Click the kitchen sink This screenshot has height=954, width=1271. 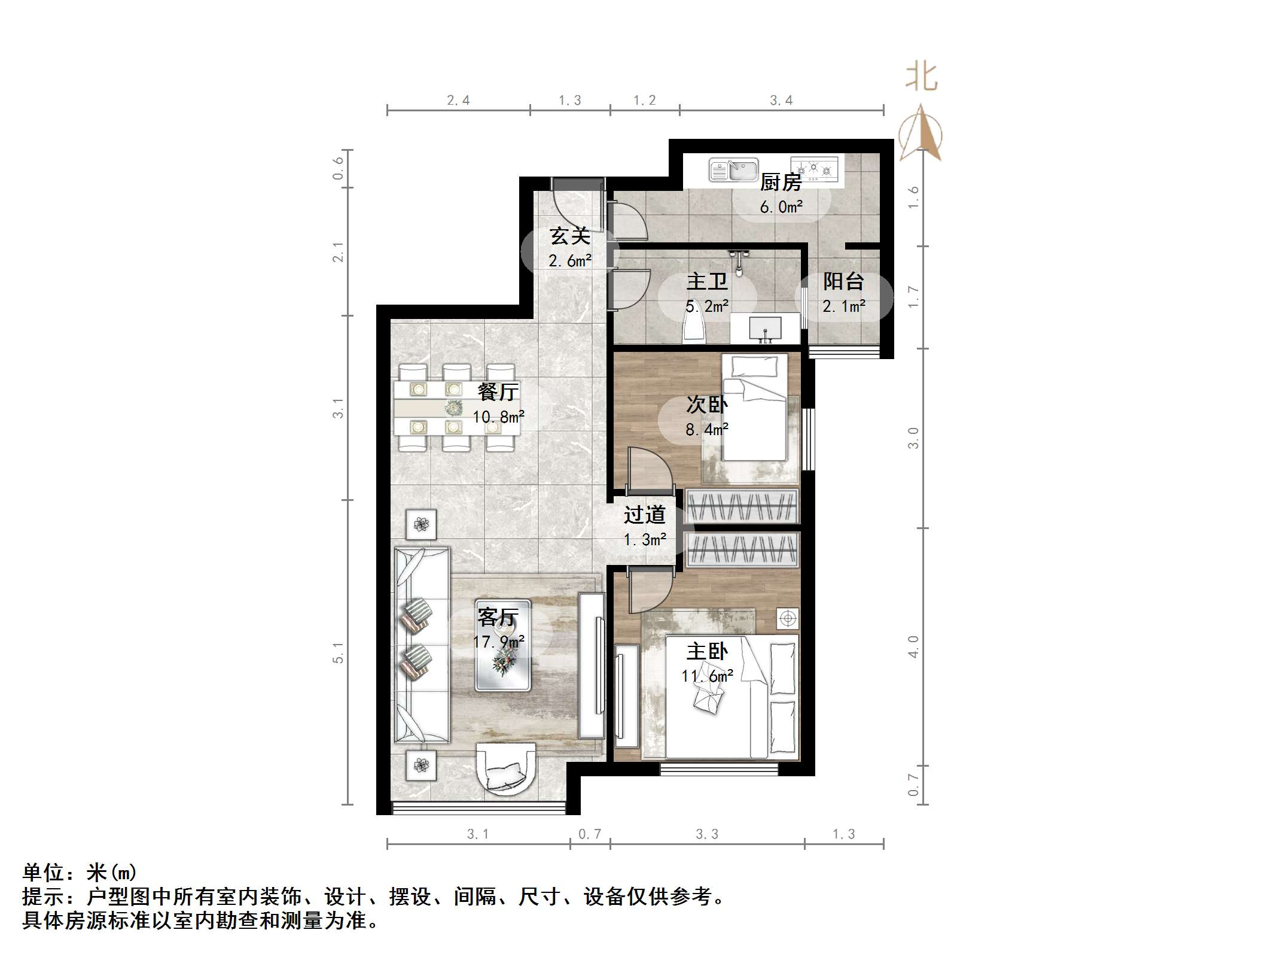click(733, 170)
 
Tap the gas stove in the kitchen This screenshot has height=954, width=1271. click(814, 168)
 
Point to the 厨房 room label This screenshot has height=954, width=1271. click(781, 182)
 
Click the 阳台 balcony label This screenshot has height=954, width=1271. click(843, 281)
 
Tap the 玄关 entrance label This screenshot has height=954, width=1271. click(570, 236)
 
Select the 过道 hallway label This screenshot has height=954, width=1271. click(644, 515)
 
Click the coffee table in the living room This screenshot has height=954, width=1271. click(502, 645)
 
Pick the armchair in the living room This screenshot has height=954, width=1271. click(506, 770)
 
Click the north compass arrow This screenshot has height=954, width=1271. click(921, 135)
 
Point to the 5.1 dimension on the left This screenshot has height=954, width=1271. click(339, 652)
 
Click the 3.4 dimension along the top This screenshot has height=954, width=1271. click(781, 101)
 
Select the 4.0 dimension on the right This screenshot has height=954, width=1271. click(913, 646)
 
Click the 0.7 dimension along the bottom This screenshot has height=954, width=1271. click(589, 834)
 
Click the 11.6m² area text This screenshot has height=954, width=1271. click(707, 676)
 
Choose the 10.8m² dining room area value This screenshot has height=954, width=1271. click(498, 417)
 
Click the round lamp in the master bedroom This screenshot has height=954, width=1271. click(788, 618)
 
